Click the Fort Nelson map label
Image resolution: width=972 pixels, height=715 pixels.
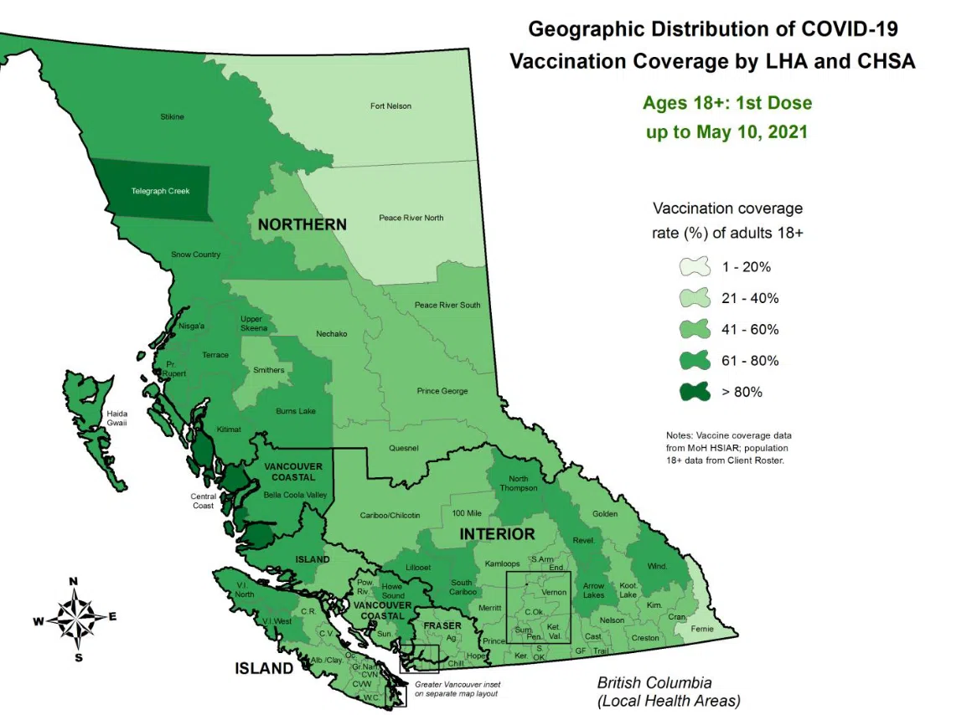click(x=390, y=106)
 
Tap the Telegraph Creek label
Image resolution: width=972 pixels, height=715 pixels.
click(x=160, y=191)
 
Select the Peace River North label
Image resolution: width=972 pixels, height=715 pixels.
click(x=411, y=218)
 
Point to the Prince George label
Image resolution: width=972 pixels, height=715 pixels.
click(x=442, y=391)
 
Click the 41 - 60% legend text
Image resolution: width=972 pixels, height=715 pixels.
click(x=750, y=330)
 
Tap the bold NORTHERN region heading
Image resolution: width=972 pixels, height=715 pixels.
click(x=302, y=224)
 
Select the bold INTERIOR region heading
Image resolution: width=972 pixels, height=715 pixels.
click(x=496, y=533)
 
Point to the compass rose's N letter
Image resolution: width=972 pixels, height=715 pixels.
click(x=74, y=581)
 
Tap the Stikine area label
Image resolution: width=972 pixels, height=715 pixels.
click(x=172, y=116)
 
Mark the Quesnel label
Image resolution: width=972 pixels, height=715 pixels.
click(x=403, y=448)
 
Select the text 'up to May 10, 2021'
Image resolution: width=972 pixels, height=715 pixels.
click(x=726, y=132)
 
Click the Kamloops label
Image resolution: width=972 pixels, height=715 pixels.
click(x=502, y=563)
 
